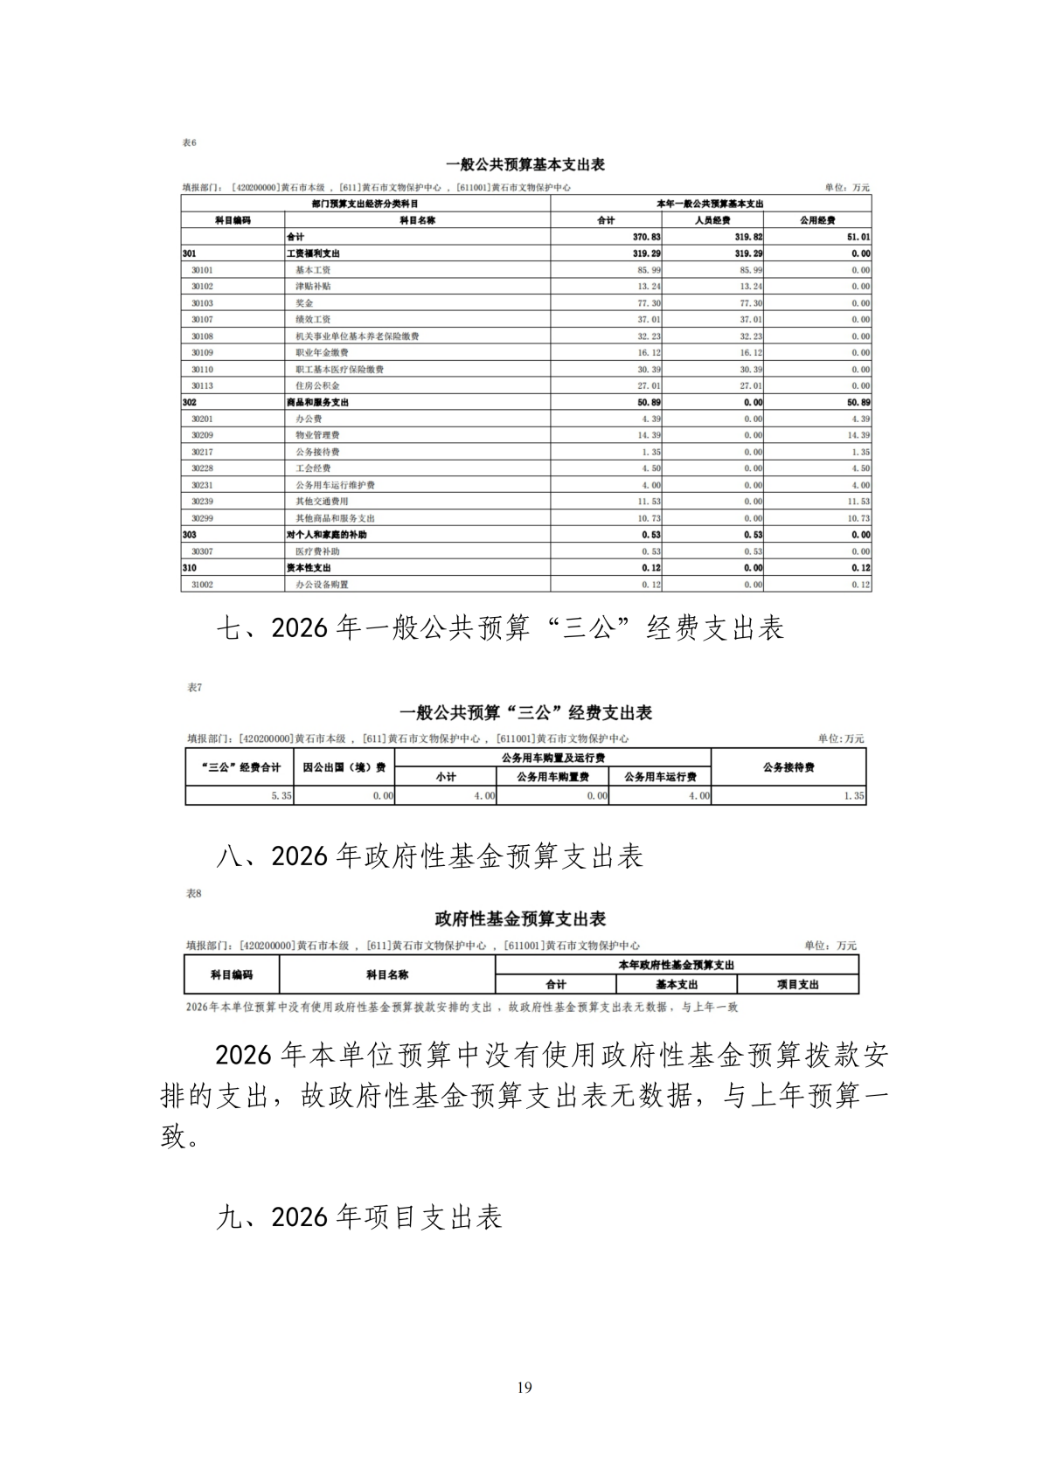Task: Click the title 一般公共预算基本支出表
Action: [x=525, y=164]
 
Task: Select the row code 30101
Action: [x=202, y=270]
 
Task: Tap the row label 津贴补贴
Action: [x=313, y=287]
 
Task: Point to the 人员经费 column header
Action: [x=712, y=220]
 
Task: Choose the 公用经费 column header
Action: [x=817, y=220]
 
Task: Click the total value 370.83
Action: [x=647, y=237]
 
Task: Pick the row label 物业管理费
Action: [x=317, y=435]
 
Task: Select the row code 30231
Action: [x=202, y=485]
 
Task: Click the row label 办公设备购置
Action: [x=322, y=585]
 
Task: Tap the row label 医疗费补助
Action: [x=317, y=551]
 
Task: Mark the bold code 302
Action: [x=190, y=403]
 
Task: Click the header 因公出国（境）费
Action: [x=344, y=767]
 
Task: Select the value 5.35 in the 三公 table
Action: [x=281, y=796]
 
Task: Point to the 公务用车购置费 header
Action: [x=552, y=777]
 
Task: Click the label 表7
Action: [x=194, y=688]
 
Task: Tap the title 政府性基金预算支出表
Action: [x=520, y=919]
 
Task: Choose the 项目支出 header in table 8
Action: [x=798, y=985]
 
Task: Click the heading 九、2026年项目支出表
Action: [x=358, y=1217]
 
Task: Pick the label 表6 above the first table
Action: [x=189, y=142]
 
